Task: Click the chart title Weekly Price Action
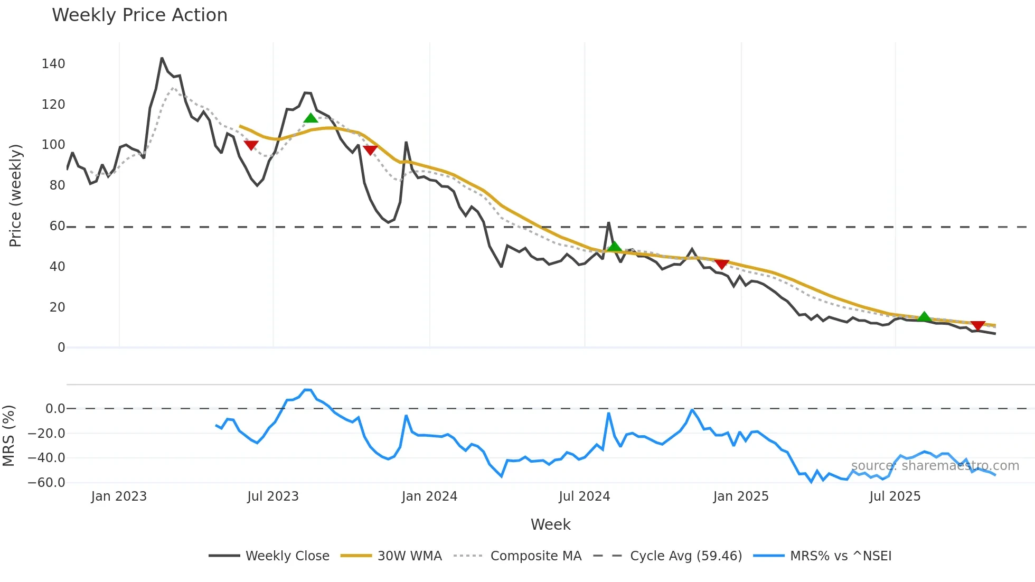[x=139, y=15]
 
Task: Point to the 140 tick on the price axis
[x=53, y=64]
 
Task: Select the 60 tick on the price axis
[x=57, y=226]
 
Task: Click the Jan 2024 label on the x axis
[x=429, y=496]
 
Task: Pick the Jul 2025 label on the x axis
[x=895, y=496]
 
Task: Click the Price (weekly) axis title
[x=16, y=195]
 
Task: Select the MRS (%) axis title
[x=9, y=436]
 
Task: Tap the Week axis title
[x=550, y=524]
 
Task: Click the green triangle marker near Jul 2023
[x=310, y=118]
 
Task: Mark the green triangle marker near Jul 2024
[x=614, y=247]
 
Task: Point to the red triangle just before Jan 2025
[x=722, y=264]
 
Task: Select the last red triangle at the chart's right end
[x=978, y=326]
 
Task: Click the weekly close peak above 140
[x=162, y=58]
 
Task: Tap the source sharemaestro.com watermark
[x=935, y=466]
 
